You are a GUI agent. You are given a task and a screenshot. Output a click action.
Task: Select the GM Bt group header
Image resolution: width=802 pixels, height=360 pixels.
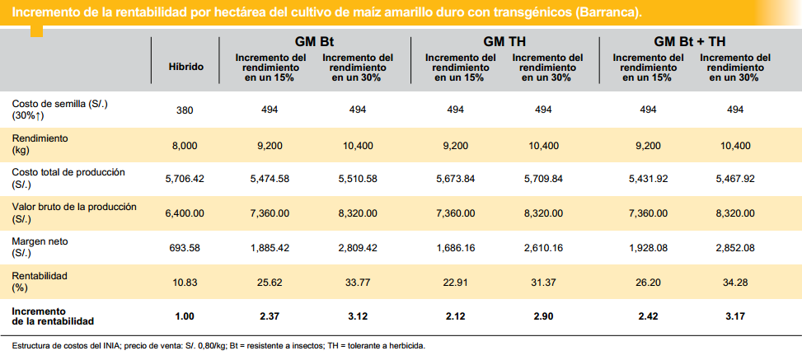[314, 41]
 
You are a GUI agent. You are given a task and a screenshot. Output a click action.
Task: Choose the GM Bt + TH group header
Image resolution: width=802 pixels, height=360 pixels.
[690, 41]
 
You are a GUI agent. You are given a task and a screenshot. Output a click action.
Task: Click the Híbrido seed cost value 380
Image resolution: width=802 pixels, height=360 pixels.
[185, 110]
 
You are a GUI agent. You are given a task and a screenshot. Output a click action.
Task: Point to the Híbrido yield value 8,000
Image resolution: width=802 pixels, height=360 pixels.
[185, 145]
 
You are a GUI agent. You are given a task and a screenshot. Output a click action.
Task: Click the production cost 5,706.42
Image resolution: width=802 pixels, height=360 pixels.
[185, 178]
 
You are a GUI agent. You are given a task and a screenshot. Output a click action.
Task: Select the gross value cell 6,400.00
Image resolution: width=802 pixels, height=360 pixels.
[185, 213]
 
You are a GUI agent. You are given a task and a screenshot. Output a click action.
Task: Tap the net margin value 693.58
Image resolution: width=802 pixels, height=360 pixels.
[185, 248]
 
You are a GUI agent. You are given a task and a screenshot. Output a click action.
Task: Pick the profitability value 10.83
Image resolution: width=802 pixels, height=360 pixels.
[185, 282]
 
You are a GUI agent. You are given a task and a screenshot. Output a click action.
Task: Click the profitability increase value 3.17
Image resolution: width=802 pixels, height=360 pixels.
[735, 316]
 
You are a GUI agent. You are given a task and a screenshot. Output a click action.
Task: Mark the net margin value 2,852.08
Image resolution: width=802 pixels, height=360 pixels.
[735, 248]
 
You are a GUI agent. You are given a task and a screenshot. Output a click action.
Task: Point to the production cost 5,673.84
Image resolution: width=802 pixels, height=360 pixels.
[455, 178]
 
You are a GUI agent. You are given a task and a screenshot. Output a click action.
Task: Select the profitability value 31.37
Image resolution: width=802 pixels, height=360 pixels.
[543, 282]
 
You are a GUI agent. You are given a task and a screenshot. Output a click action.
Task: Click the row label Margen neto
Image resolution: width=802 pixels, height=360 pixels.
[39, 241]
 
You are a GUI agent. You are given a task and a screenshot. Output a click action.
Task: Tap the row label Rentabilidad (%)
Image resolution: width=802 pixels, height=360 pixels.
[39, 282]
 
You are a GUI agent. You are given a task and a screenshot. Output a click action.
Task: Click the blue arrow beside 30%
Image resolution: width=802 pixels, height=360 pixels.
[39, 116]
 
